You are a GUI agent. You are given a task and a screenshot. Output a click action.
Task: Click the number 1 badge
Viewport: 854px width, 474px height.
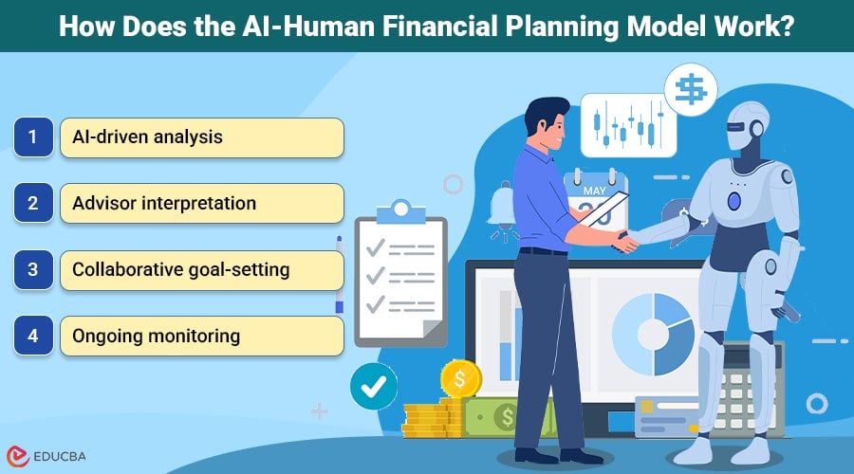click(32, 137)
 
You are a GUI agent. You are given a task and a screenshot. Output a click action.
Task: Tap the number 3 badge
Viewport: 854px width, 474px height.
click(32, 270)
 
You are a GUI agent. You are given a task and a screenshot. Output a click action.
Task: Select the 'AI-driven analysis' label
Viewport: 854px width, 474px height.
click(147, 137)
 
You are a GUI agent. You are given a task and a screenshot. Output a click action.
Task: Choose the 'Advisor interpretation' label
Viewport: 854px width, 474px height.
click(164, 204)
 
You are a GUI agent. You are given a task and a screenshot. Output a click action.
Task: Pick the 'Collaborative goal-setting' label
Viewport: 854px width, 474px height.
click(181, 270)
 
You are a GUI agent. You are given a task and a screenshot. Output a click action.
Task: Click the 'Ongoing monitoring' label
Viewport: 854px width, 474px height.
click(156, 336)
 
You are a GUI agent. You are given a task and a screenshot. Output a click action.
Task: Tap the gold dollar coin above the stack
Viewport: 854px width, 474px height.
click(460, 379)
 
